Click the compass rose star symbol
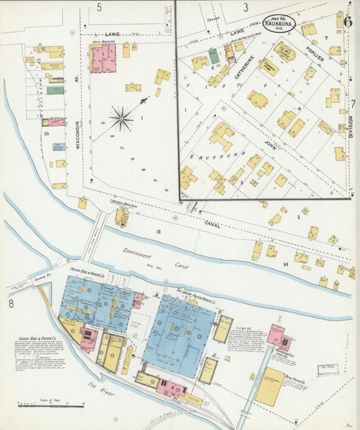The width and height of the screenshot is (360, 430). click(x=122, y=120)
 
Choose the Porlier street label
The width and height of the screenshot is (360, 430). click(x=315, y=53)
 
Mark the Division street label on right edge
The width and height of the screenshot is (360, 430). click(x=351, y=126)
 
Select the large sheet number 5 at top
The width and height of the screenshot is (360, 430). click(x=99, y=8)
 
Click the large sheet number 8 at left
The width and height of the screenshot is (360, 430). click(x=11, y=304)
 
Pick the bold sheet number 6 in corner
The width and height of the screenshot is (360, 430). click(x=348, y=20)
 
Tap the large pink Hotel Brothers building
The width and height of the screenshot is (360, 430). click(x=103, y=59)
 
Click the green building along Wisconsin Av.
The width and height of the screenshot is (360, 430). click(x=55, y=90)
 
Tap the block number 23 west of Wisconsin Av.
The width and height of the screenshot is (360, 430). click(x=47, y=134)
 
